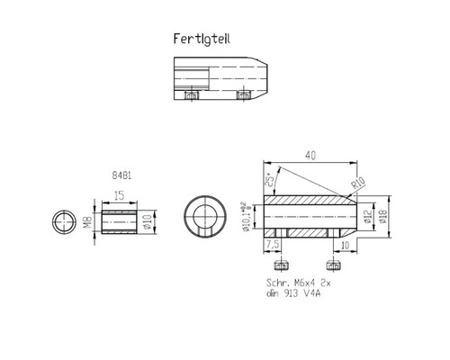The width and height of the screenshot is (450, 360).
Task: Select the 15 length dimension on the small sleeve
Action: [118, 195]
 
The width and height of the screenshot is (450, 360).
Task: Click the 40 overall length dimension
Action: [311, 155]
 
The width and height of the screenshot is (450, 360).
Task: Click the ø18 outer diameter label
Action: [383, 217]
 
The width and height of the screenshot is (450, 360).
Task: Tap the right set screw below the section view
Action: [334, 265]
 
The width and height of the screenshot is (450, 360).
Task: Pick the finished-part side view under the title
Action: [220, 78]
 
